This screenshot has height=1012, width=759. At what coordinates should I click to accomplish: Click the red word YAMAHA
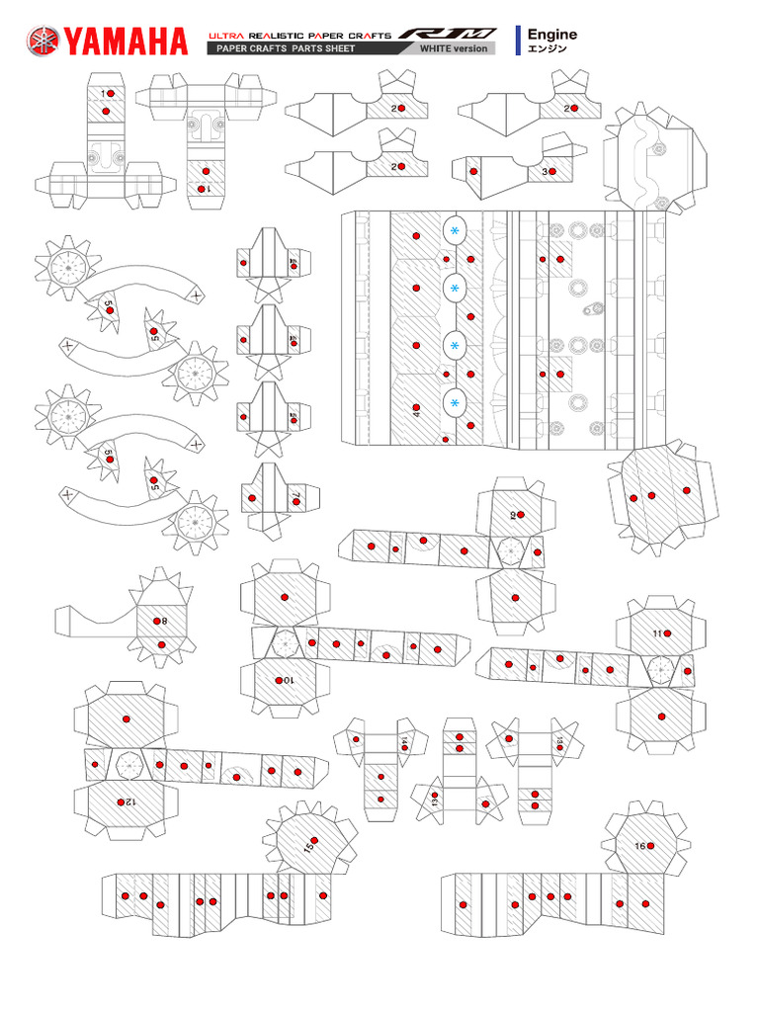pos(126,42)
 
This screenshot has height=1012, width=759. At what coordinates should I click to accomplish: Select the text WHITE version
pos(454,48)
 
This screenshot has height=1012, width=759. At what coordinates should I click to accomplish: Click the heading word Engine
pos(552,34)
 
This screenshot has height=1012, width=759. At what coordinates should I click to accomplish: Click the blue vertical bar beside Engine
pos(519,41)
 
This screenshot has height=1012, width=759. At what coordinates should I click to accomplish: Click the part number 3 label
pos(545,171)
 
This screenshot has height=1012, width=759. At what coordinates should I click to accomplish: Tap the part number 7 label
pos(295,498)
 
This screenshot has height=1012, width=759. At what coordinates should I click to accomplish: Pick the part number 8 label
pos(164,621)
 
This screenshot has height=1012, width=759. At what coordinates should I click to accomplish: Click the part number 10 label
pos(288,681)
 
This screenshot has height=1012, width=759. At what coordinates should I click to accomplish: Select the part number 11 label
pos(657,632)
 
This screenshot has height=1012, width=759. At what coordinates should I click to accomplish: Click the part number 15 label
pos(308,847)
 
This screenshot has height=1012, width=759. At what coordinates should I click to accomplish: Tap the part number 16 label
pos(640,846)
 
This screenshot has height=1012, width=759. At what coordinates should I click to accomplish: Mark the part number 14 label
pos(404,741)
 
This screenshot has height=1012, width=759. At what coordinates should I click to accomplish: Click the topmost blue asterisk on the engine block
pos(455,230)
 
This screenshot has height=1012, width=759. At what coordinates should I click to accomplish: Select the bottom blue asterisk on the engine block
pos(455,403)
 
